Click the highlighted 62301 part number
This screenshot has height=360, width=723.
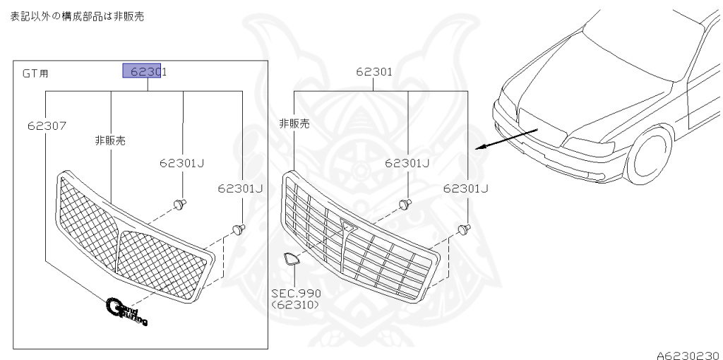pyautogui.click(x=145, y=71)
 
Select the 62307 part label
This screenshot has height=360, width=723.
pyautogui.click(x=47, y=126)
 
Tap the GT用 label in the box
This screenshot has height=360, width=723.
pyautogui.click(x=35, y=73)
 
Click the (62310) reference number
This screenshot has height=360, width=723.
pyautogui.click(x=296, y=305)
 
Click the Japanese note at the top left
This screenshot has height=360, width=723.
pyautogui.click(x=77, y=16)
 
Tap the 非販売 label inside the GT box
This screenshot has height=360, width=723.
pyautogui.click(x=110, y=140)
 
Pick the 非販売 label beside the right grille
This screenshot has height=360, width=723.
pyautogui.click(x=294, y=123)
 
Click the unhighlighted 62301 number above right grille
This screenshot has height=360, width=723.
pyautogui.click(x=374, y=71)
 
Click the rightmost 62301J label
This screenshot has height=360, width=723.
pyautogui.click(x=466, y=188)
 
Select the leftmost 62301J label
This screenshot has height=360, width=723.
pyautogui.click(x=181, y=163)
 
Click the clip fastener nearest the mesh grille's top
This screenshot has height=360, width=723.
pyautogui.click(x=180, y=204)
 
